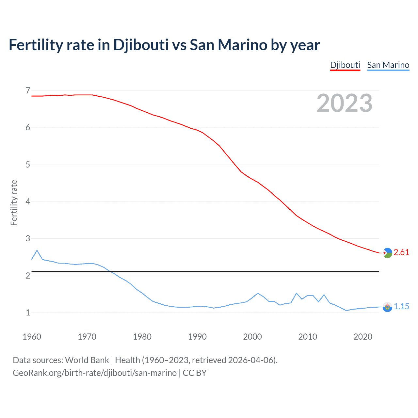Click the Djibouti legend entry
coord(345,65)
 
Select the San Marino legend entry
coord(388,65)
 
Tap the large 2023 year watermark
coord(345,103)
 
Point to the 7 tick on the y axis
coord(28,90)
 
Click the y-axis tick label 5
coord(28,165)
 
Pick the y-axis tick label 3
coord(28,238)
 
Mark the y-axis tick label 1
coord(28,313)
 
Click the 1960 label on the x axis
coord(32,337)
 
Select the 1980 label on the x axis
coord(142,337)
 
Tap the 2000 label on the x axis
coord(252,337)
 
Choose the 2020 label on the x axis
coord(363,337)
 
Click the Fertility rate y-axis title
coord(14,202)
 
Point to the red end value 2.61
coord(401,252)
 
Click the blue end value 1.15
coord(401,306)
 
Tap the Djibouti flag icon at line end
coord(387,253)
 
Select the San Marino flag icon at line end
coord(387,307)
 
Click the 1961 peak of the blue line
coord(37,250)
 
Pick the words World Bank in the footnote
coord(87,360)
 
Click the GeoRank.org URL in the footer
coord(95,373)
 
